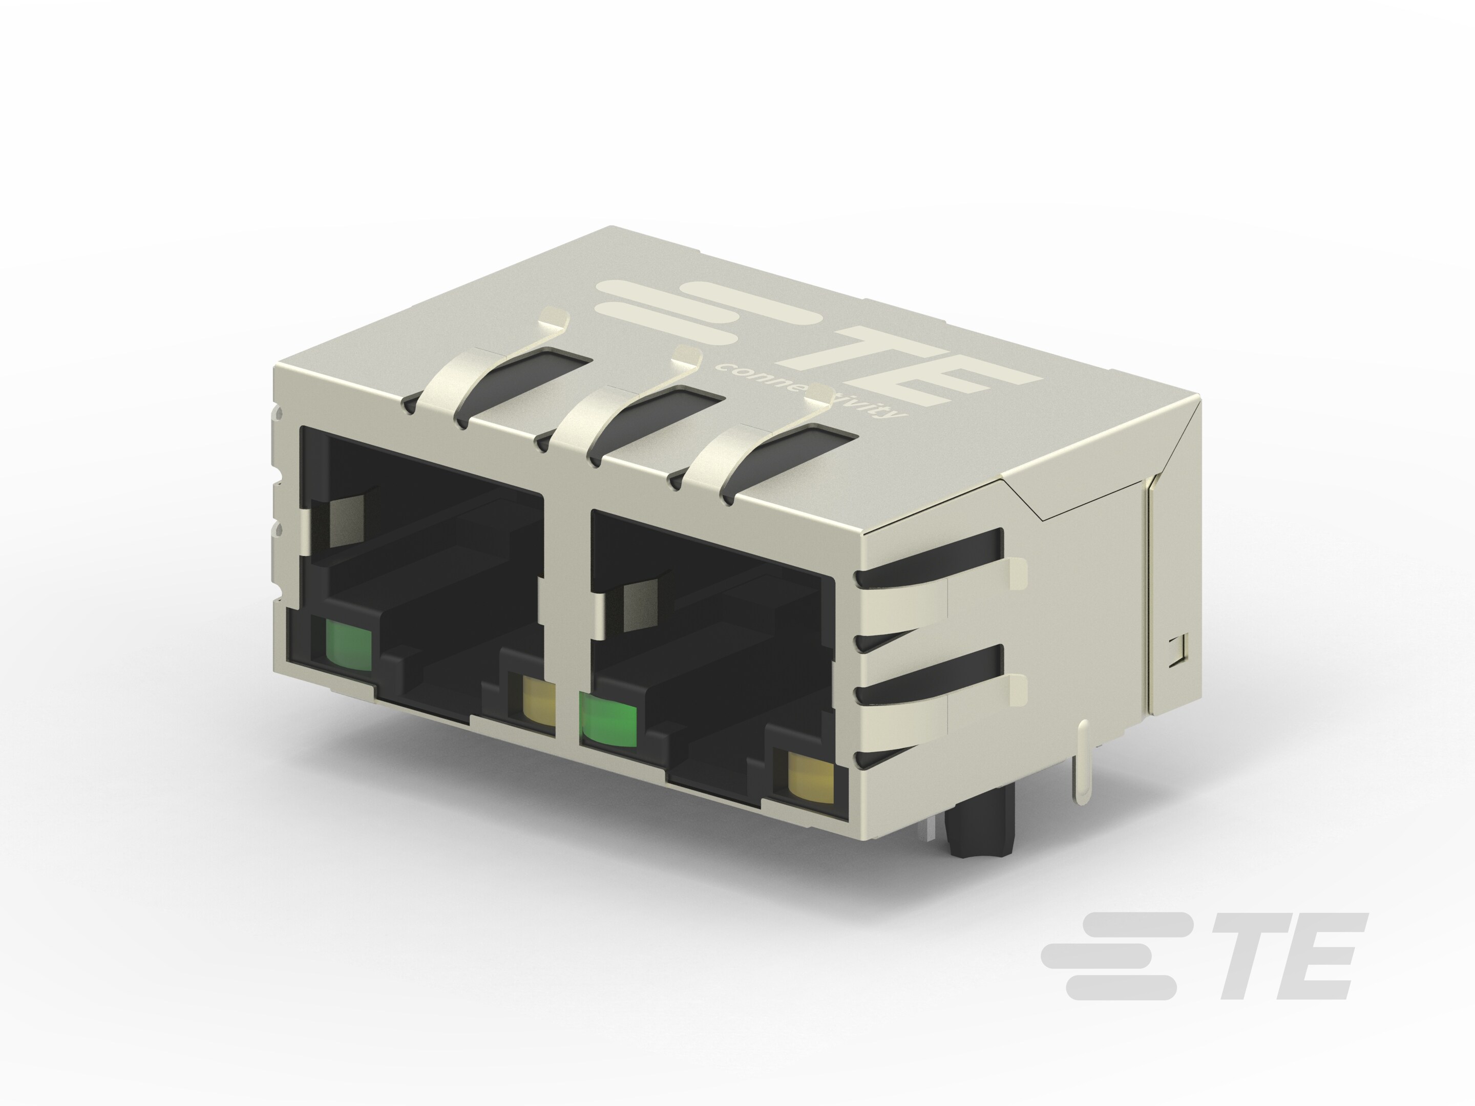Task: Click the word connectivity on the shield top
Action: pos(810,394)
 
